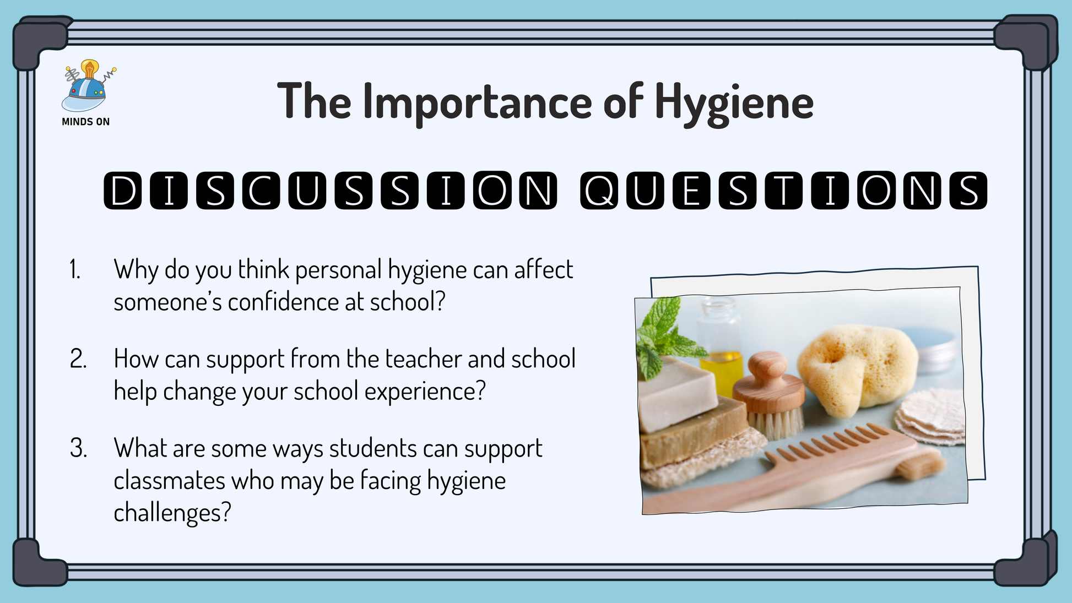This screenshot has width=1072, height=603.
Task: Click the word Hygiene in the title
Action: [734, 104]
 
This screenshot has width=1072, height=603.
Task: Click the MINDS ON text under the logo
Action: [86, 122]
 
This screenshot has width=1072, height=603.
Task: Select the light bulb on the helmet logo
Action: [90, 69]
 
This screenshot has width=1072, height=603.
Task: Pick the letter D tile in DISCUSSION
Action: [123, 191]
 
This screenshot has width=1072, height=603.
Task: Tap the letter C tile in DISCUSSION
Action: [261, 191]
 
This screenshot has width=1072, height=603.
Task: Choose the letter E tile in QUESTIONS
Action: [691, 191]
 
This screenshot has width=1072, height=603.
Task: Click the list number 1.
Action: [75, 270]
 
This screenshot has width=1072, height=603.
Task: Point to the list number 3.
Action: [78, 448]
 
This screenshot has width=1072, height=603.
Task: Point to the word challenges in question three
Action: [172, 513]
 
